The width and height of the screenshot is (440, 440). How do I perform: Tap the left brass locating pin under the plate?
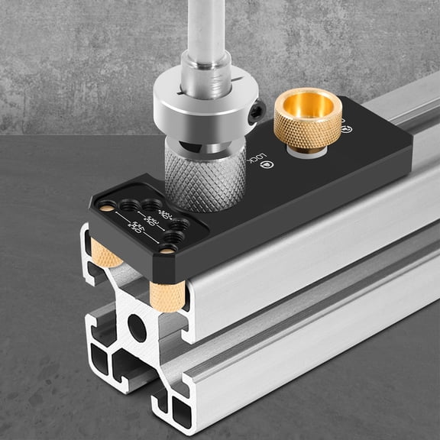coord(106,255)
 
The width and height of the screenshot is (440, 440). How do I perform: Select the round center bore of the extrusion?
coord(137,328)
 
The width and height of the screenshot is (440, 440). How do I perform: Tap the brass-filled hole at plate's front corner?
coord(167,250)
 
